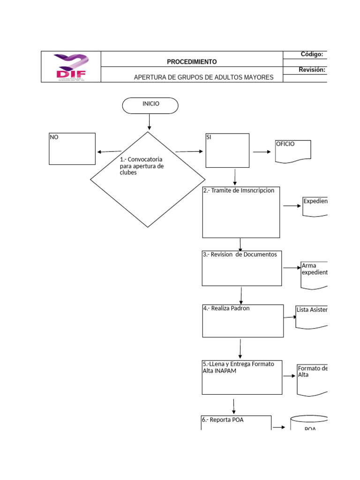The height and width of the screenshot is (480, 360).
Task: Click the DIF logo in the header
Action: pos(71,67)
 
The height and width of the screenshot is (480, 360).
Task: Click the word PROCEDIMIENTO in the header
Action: pos(192,62)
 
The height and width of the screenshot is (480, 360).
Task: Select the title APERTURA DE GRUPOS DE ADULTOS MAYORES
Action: pos(203,77)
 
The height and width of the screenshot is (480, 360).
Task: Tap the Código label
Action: pos(312,54)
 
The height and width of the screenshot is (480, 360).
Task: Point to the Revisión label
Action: pos(312,70)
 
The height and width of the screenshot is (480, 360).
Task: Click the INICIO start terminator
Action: pos(150,105)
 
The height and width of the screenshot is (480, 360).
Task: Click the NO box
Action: pos(72,149)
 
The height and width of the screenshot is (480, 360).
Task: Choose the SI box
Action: pos(227,150)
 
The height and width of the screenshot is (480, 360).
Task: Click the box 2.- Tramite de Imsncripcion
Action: pos(241,212)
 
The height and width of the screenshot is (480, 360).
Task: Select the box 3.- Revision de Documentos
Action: pos(241,268)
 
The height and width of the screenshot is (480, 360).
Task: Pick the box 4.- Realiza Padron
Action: pos(243,321)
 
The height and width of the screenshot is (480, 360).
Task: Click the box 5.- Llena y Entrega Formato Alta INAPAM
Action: pos(242,377)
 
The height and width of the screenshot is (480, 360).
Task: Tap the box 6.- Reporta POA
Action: pos(236,422)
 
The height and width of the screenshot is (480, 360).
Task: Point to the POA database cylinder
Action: pos(309,424)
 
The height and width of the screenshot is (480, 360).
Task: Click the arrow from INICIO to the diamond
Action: pos(150,122)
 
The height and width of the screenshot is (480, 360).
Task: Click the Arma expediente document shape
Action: pos(314,275)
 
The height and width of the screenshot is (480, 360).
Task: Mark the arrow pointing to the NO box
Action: pos(109,151)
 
